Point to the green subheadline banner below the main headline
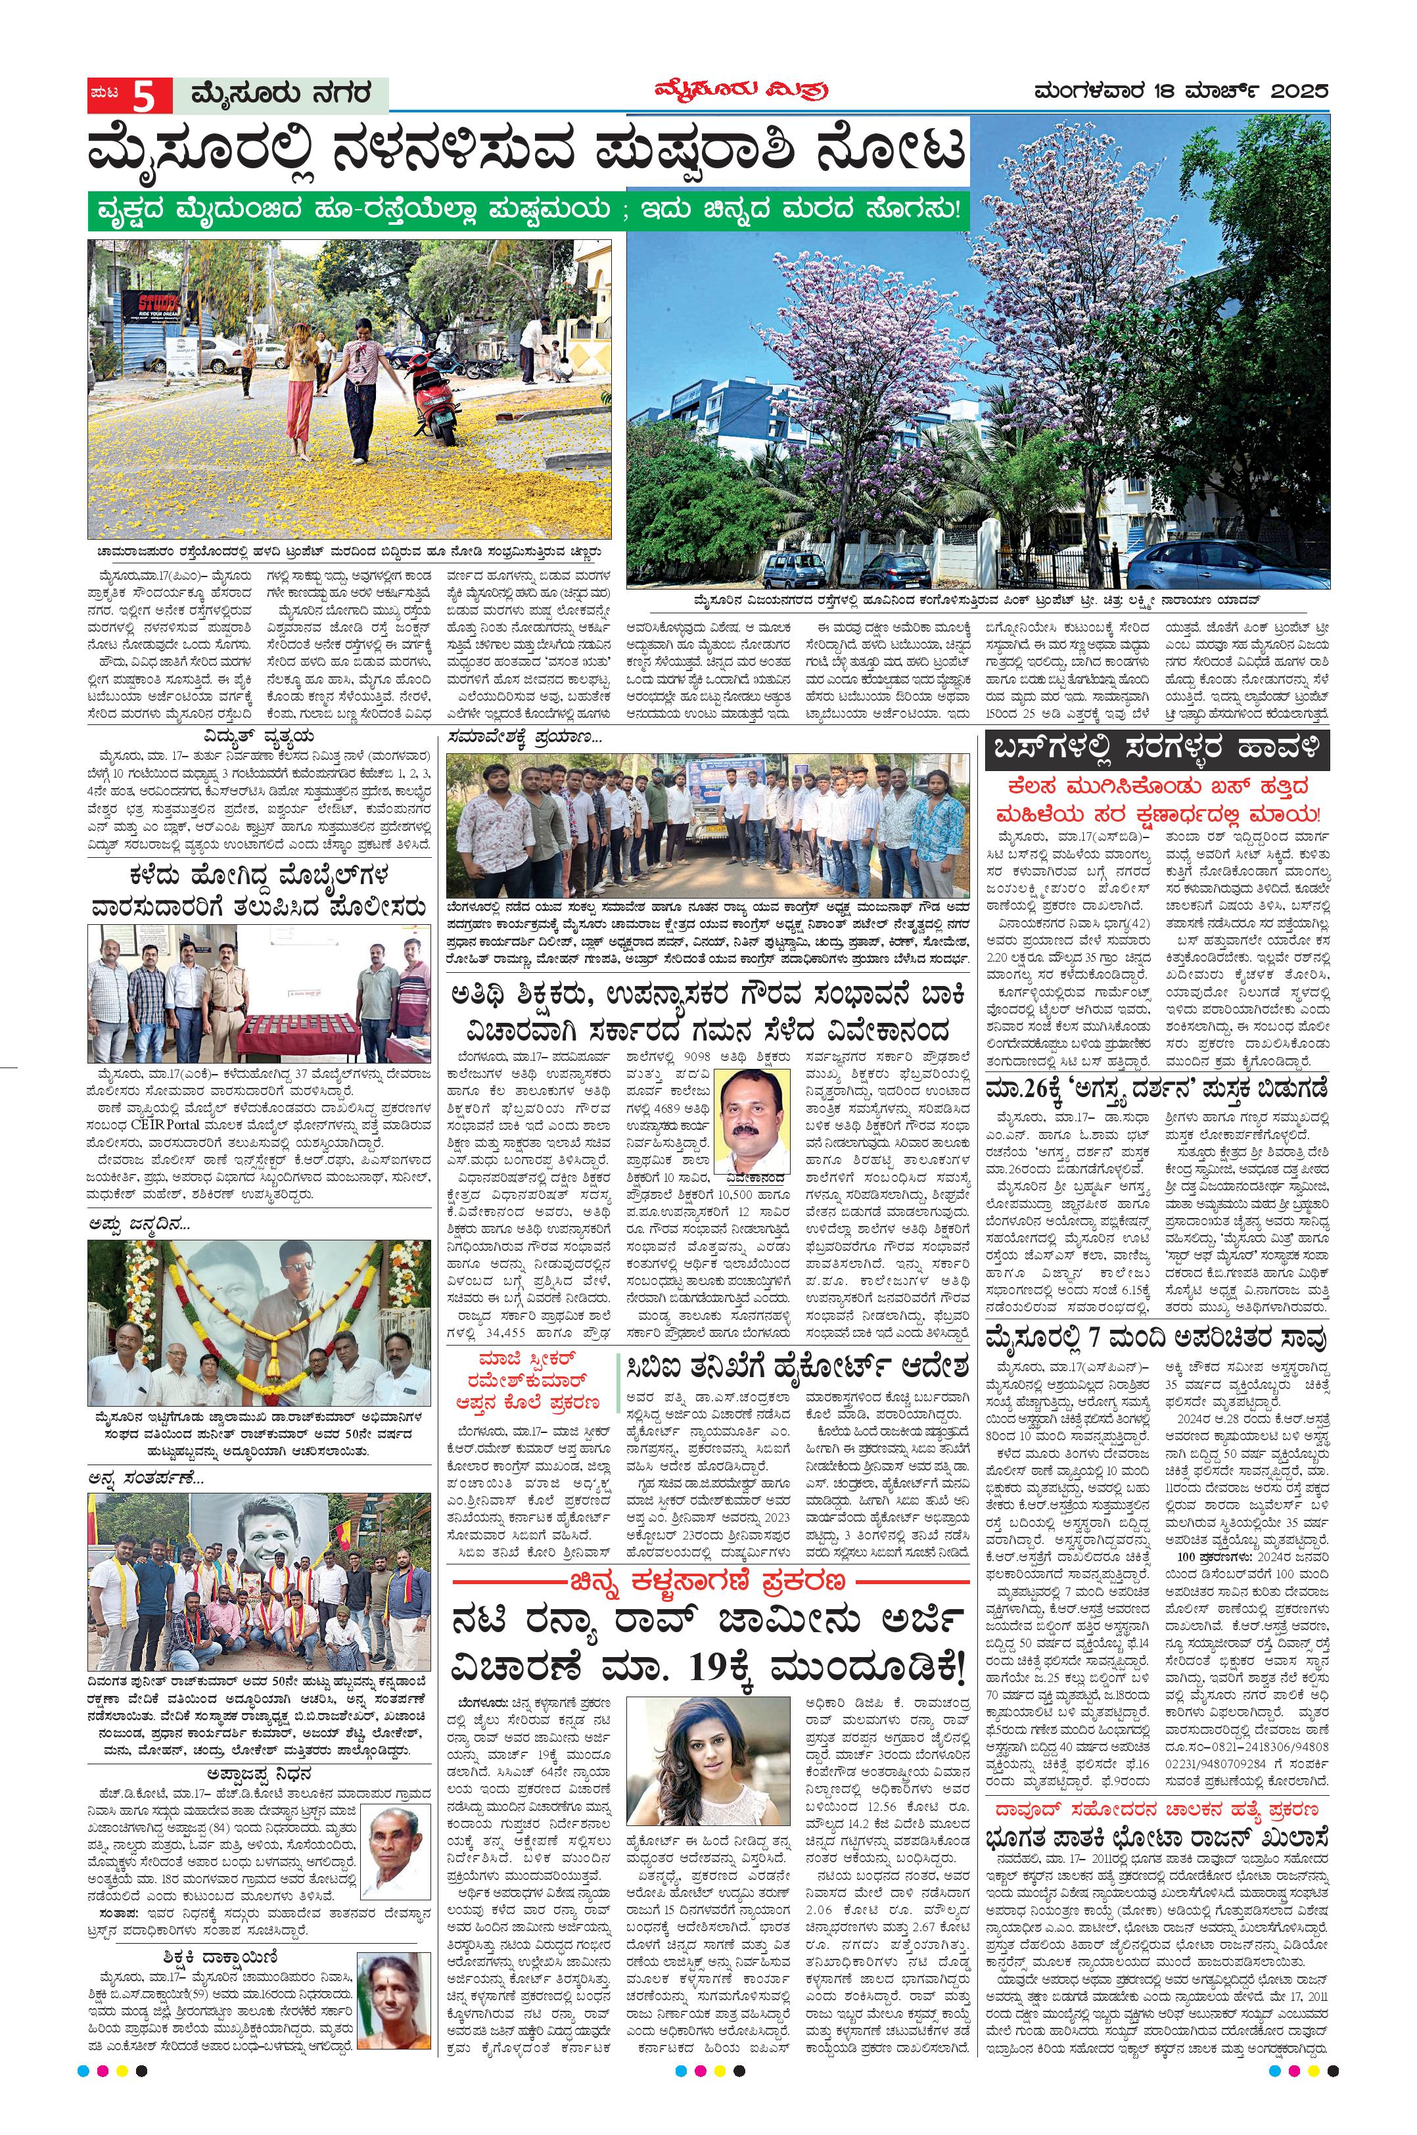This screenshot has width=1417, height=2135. point(528,210)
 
